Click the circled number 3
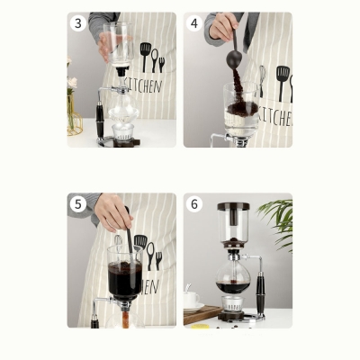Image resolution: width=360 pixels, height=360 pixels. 78,23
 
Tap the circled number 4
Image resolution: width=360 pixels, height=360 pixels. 195,23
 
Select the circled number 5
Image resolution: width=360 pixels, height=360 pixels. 78,203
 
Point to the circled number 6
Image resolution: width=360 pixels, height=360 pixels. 195,203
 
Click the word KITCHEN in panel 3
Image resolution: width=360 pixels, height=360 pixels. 144,86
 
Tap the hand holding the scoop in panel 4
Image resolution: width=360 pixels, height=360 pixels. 222,27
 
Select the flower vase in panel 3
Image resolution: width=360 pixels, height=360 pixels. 74,112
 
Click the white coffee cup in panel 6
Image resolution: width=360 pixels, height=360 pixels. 193,299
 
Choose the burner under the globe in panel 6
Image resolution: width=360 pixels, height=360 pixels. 233,309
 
